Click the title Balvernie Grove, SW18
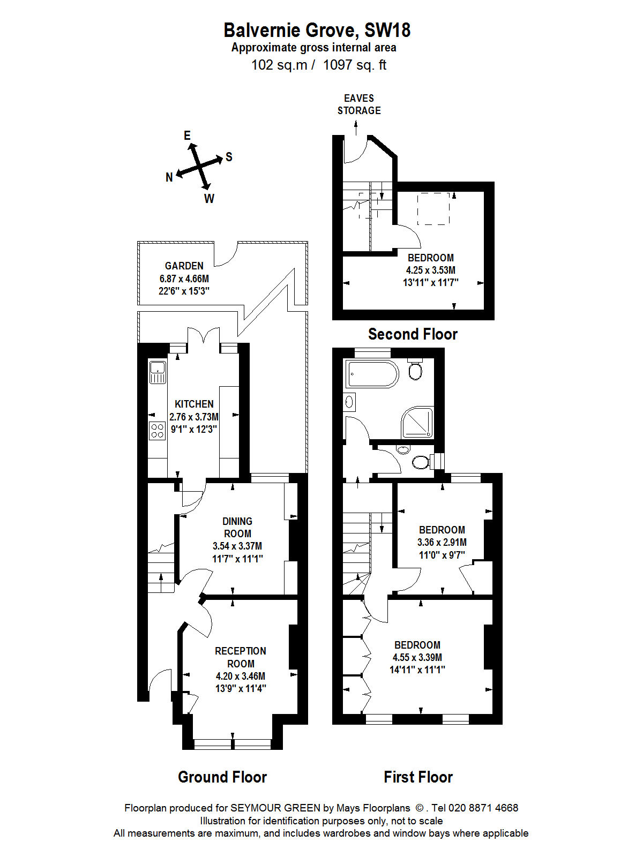click(317, 30)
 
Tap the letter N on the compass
click(169, 177)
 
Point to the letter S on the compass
click(229, 157)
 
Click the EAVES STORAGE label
click(359, 104)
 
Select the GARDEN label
click(184, 266)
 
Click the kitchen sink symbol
click(158, 372)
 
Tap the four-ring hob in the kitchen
click(158, 431)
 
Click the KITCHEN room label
click(194, 404)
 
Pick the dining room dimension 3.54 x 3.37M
click(237, 546)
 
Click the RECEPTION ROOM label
click(241, 657)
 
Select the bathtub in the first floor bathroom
click(372, 374)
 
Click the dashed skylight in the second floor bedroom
click(433, 209)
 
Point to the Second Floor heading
click(413, 334)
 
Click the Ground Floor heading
click(222, 777)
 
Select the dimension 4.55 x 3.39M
click(417, 658)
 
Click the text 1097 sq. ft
click(355, 65)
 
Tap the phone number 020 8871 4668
click(483, 808)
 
